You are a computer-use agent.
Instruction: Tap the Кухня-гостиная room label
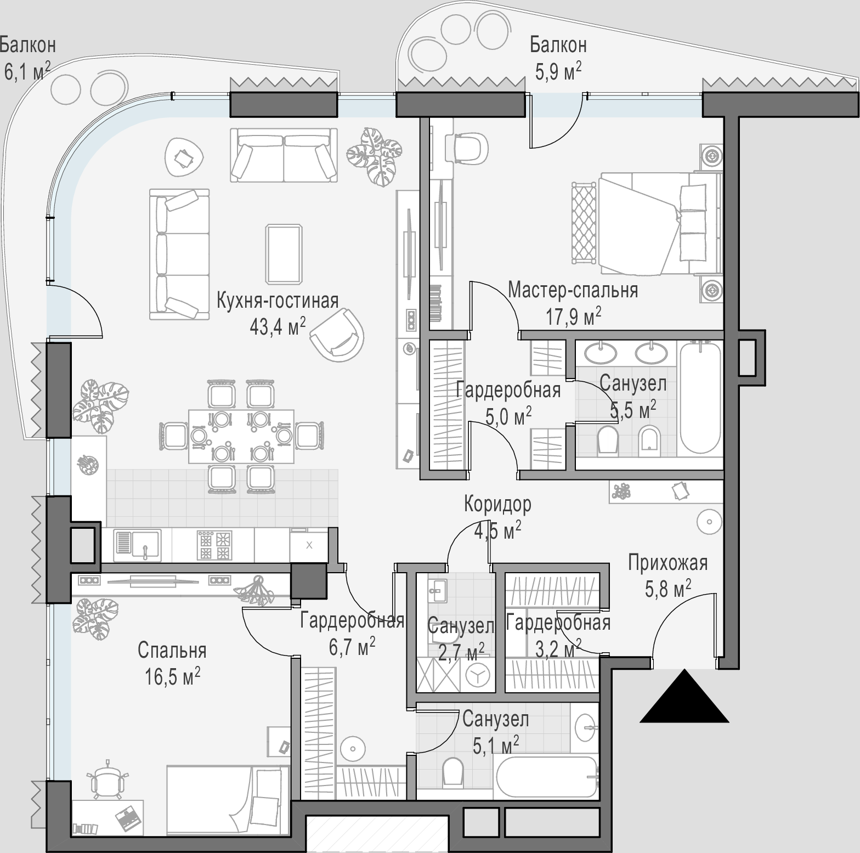278,301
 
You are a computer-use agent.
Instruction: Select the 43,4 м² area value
278,326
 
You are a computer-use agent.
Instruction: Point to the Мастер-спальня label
573,290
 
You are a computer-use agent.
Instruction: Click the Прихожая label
667,563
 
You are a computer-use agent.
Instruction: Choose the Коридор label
497,504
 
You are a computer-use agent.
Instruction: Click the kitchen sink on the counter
137,545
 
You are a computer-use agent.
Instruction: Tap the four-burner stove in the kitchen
213,545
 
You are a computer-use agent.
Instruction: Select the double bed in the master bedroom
658,223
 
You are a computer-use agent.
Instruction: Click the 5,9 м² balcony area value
558,71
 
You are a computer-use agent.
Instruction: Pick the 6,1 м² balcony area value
27,71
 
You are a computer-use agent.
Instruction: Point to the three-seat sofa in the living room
179,254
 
